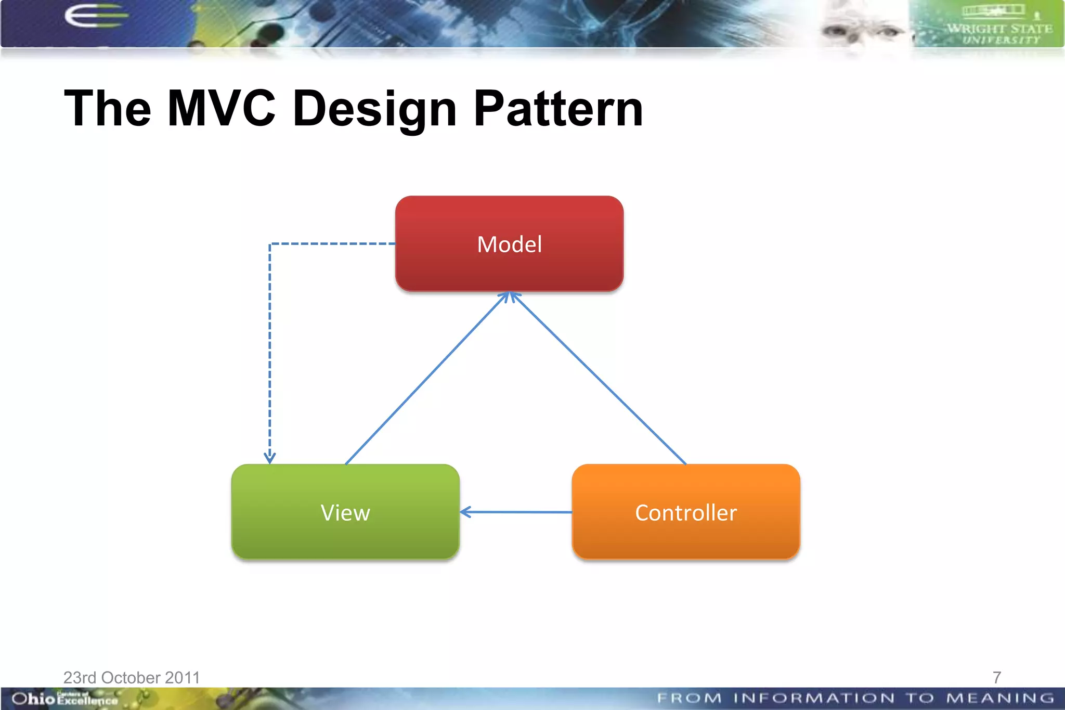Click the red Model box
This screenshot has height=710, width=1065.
[509, 243]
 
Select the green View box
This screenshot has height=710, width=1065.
[345, 512]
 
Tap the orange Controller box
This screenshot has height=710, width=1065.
[685, 512]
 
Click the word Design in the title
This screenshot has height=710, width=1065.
[374, 109]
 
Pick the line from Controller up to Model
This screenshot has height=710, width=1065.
[598, 379]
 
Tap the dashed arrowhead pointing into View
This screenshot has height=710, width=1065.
[269, 458]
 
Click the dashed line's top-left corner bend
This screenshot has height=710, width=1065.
[270, 244]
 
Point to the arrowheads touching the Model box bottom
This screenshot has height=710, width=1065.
[510, 297]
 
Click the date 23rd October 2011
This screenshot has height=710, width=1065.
[132, 677]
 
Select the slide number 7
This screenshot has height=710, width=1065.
[996, 677]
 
